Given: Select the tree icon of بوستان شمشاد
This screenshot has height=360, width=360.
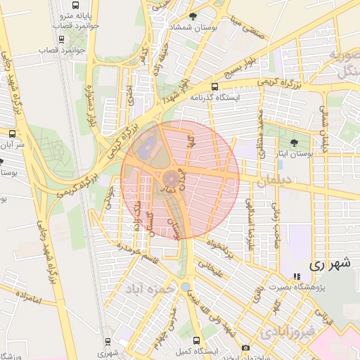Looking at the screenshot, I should [193, 15].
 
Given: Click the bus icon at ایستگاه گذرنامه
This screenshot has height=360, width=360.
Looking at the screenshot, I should [194, 98].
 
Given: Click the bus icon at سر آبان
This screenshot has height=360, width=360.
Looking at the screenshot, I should [12, 133].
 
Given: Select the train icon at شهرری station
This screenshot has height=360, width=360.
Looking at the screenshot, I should [107, 342].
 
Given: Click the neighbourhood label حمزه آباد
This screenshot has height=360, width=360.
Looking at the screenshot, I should [150, 288].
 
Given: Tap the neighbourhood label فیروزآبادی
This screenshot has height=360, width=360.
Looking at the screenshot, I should [283, 330].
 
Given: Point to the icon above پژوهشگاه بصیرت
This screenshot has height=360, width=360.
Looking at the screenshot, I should [296, 276].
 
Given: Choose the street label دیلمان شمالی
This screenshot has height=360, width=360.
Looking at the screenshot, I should [323, 131].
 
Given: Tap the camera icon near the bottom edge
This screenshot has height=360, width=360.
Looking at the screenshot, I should [245, 348].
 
